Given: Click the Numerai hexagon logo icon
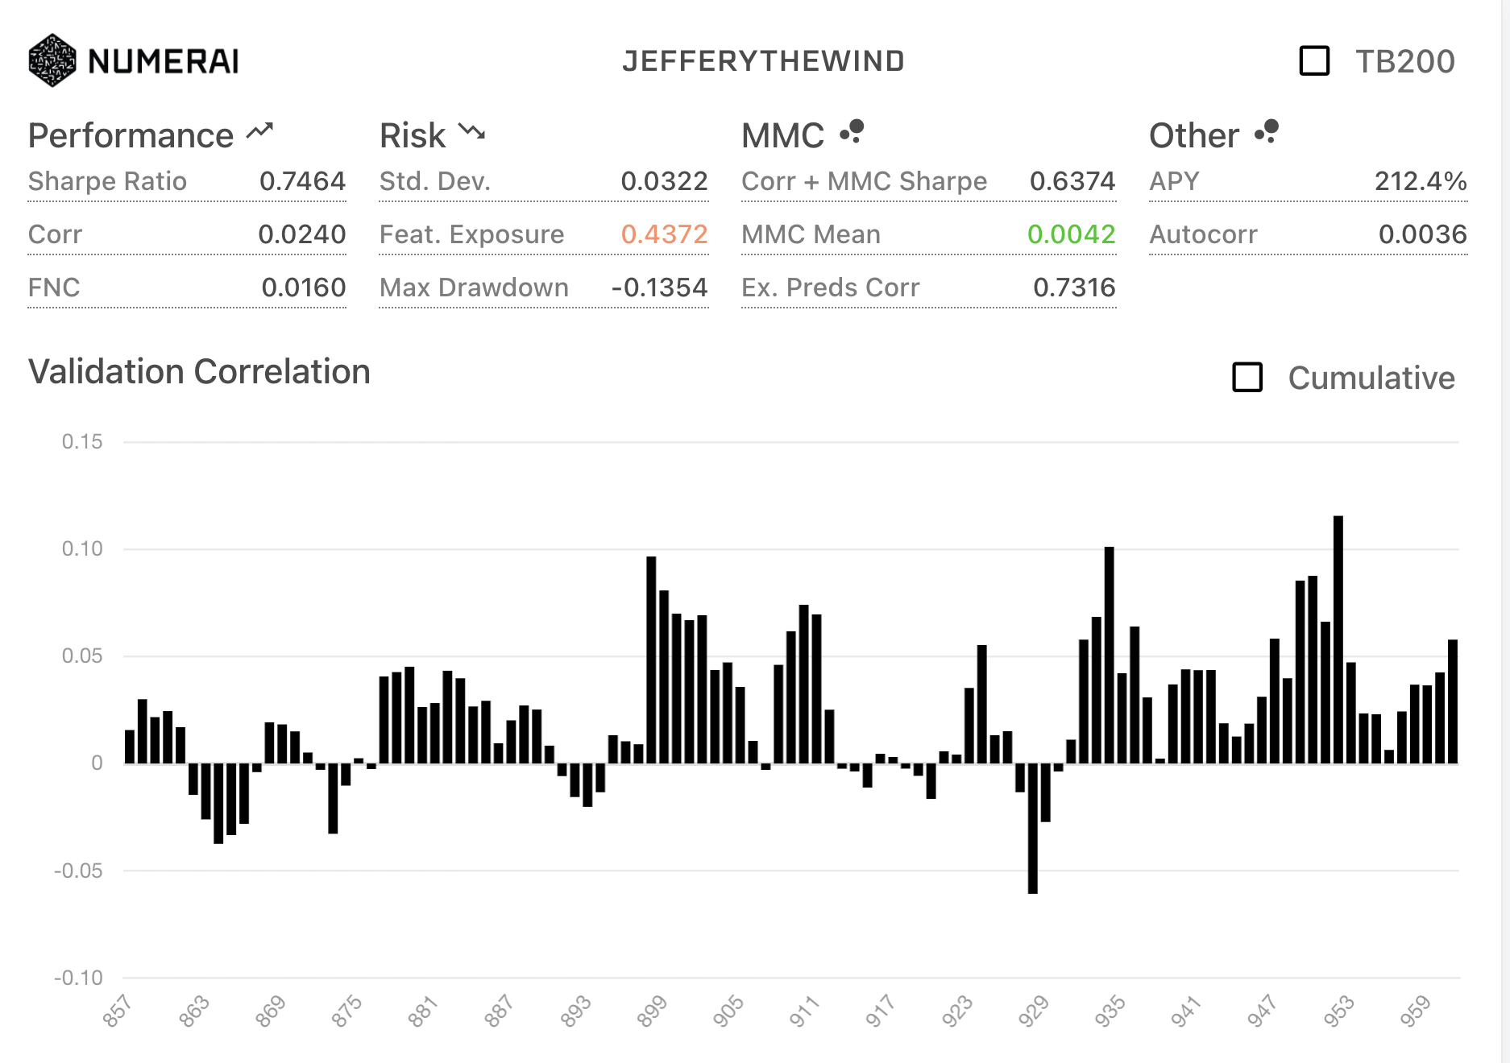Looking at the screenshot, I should coord(52,60).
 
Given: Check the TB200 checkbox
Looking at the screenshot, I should coord(1314,61).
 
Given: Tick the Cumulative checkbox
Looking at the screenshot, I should coord(1247,378).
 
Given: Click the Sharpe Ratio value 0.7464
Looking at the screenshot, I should coord(302,181).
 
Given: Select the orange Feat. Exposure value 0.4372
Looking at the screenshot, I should coord(664,234).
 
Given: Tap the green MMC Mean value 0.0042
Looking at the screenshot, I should coord(1071,234).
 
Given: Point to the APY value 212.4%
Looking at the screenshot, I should coord(1420,181).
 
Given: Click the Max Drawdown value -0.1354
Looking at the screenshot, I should coord(659,287).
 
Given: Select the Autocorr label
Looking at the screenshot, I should coord(1203,234).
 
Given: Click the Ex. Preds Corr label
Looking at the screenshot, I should coord(830,287).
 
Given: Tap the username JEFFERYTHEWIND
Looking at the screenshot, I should coord(763,61).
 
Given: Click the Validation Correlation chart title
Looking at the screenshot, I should coord(199,372).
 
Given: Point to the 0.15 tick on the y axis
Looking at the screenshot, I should coord(82,441).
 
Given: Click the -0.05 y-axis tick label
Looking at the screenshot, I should coord(78,871).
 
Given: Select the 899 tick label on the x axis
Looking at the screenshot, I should coord(652,1011).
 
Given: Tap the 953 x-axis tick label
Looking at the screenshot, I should coord(1338,1011).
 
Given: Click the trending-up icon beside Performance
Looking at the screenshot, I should coord(260,131).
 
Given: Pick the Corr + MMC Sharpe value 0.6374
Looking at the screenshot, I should coord(1072,181).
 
